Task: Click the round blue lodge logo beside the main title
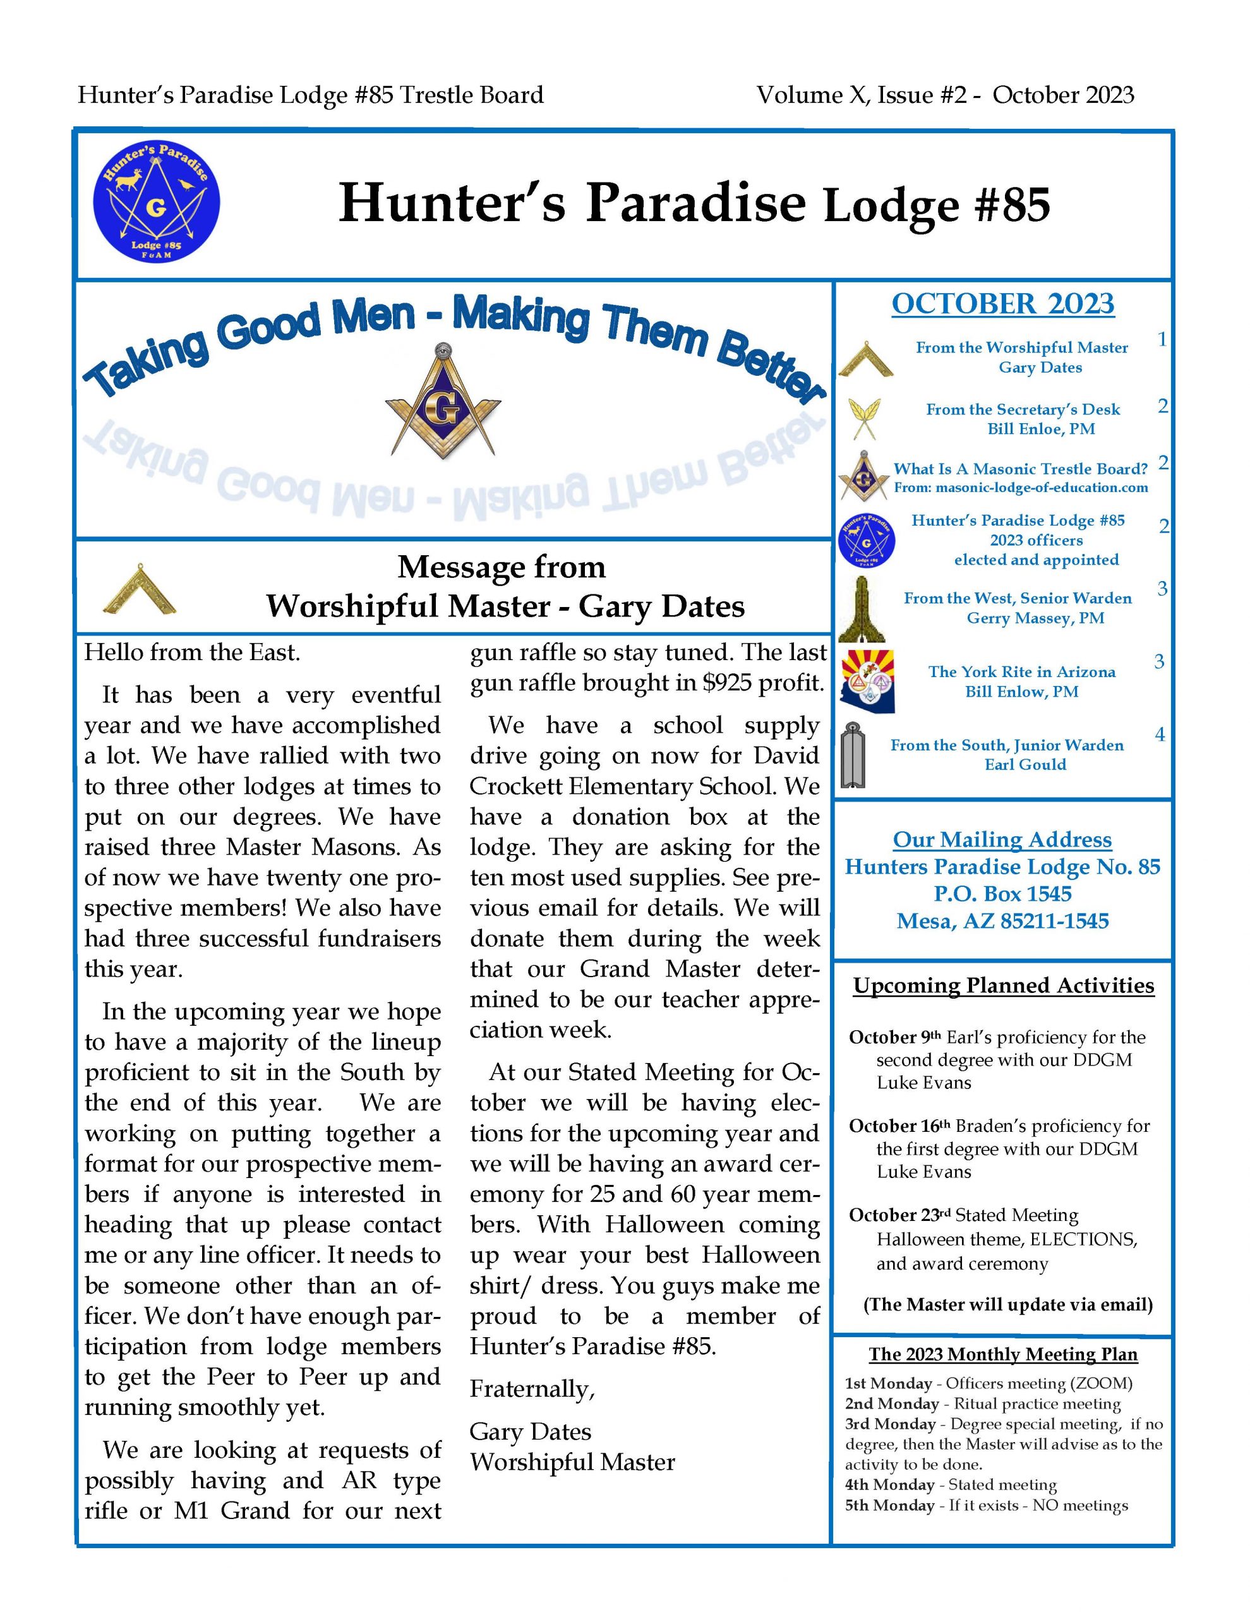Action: [x=156, y=202]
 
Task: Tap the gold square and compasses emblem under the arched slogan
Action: [x=443, y=401]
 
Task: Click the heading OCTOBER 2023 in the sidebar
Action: [x=1002, y=304]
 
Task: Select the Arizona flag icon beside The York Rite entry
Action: [x=867, y=681]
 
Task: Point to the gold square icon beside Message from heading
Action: [x=140, y=589]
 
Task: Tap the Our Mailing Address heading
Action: [x=1002, y=839]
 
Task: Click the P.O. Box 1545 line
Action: [x=1002, y=894]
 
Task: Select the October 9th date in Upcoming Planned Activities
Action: [x=894, y=1037]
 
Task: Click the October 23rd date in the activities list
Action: [x=899, y=1215]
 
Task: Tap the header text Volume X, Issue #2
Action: [x=861, y=95]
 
